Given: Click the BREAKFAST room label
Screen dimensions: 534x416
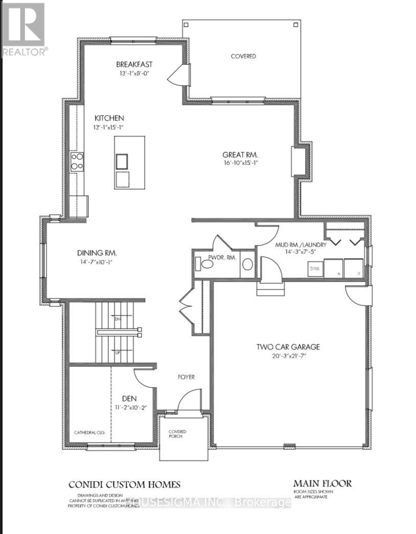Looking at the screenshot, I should (134, 64).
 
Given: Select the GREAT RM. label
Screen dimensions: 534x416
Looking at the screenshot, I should (240, 155).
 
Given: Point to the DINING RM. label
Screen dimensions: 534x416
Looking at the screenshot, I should (97, 252).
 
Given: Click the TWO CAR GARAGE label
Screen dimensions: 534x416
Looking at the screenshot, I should (288, 347).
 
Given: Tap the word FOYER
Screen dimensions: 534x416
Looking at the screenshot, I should (186, 377).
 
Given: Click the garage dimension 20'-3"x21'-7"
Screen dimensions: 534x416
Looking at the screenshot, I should (288, 356).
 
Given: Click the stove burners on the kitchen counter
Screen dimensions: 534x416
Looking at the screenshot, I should (77, 161).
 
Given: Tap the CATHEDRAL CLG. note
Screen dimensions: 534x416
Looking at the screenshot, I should (89, 432).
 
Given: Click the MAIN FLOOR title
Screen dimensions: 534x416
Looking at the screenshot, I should (322, 483).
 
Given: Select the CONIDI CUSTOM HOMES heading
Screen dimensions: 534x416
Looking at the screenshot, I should (125, 484).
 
